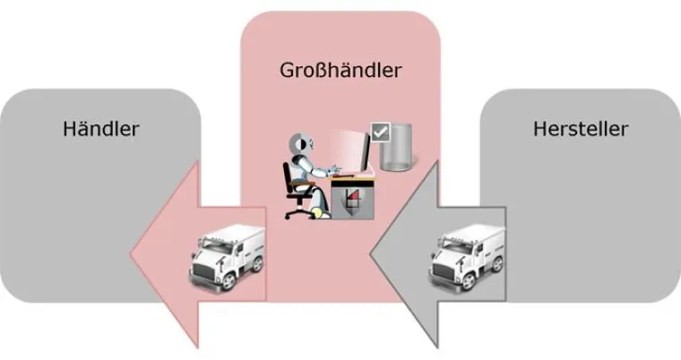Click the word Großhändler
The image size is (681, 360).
point(340,68)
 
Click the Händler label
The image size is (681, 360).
point(101,129)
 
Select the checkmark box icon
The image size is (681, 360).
point(380,133)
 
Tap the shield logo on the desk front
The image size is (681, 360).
point(351,200)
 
